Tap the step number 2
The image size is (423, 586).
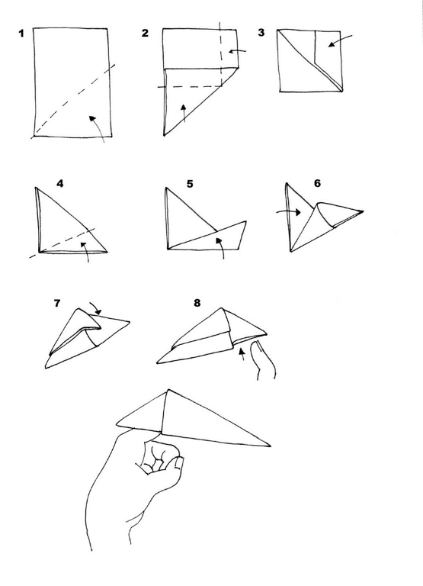pos(145,34)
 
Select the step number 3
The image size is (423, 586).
pos(261,34)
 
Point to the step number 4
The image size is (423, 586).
pos(59,183)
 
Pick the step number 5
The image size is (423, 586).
pos(190,184)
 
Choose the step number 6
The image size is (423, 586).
pos(317,184)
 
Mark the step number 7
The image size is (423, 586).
pos(57,303)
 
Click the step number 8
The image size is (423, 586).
pos(197,303)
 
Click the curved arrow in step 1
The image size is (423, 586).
pos(97,127)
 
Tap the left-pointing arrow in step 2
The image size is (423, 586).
pos(237,51)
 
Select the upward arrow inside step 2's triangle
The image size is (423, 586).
pos(184,113)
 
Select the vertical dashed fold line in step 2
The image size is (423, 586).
pos(220,53)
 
